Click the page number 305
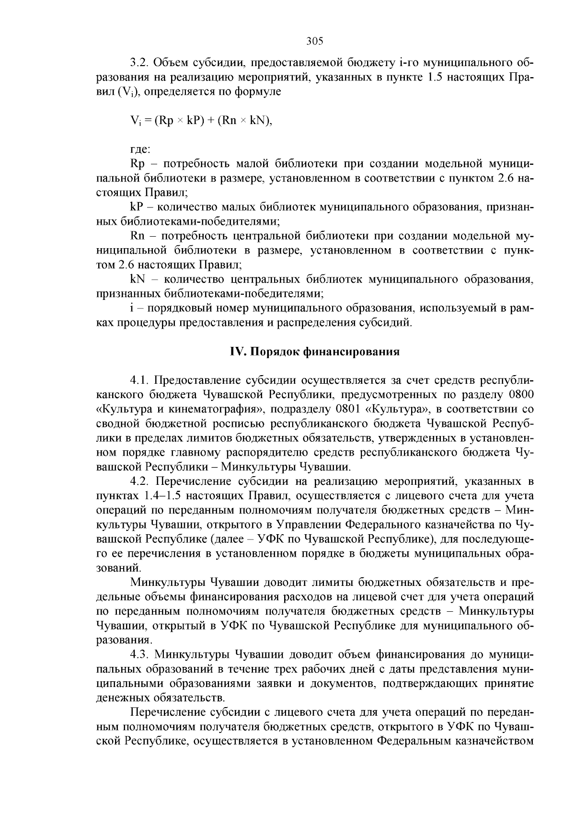315,41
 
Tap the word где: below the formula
140,149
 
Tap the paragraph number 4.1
139,380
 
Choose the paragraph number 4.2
139,481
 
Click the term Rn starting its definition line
137,236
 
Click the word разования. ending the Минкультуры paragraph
124,640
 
